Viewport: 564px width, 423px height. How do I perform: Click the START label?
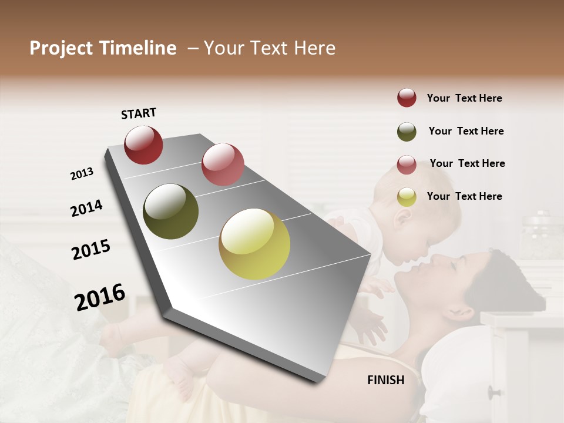(139, 113)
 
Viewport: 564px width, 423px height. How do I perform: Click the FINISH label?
(386, 380)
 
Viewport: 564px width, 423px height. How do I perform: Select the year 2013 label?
(82, 174)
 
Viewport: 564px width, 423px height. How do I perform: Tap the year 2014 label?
(86, 208)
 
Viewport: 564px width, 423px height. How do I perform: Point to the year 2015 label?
(91, 249)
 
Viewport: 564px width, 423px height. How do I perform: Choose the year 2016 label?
(100, 297)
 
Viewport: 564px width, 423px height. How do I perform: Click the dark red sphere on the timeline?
(143, 145)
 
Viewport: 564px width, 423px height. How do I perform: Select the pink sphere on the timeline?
(223, 164)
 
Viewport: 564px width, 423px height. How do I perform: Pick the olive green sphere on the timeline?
(171, 211)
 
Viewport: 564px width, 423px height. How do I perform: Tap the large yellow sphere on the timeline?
(254, 244)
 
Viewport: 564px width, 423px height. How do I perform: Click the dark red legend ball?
(407, 98)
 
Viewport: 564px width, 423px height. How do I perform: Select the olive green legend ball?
(407, 132)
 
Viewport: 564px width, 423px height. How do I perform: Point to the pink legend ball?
(407, 164)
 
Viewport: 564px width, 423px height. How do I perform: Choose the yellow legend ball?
(407, 197)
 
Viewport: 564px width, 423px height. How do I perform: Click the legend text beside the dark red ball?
(464, 98)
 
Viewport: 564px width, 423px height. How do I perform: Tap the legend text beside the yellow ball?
(464, 196)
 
